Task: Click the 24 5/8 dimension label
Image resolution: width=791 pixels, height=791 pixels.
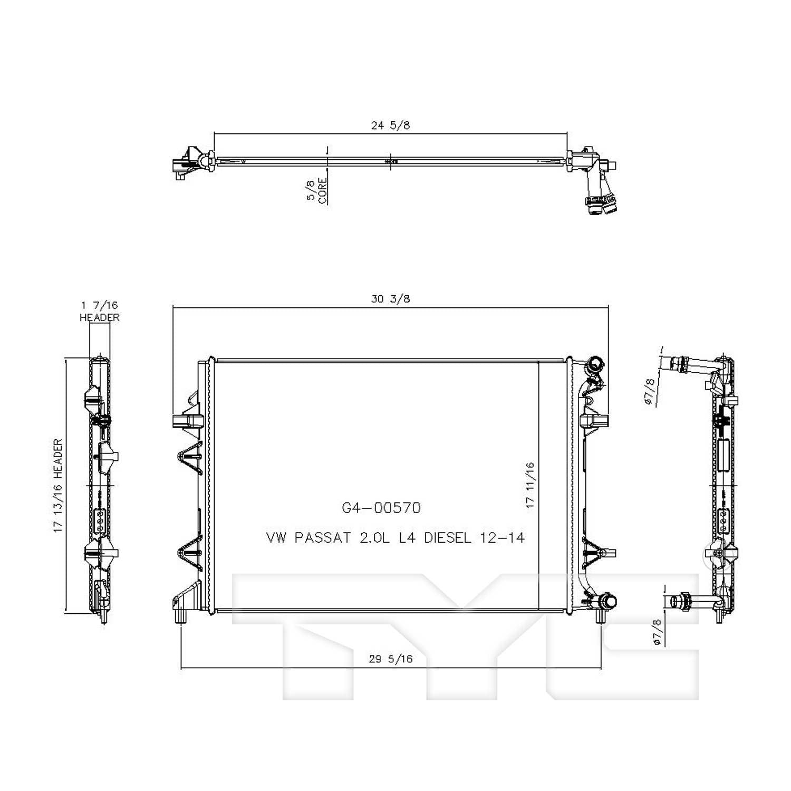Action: click(x=390, y=126)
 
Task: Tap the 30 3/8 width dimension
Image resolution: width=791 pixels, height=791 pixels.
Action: click(x=390, y=299)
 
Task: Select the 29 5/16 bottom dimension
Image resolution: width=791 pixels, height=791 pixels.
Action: click(x=391, y=659)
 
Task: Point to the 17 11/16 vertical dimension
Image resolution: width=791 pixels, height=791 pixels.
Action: click(x=530, y=485)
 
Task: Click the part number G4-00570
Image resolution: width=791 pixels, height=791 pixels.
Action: click(x=381, y=508)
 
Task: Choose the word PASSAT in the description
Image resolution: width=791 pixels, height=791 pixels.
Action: click(x=322, y=538)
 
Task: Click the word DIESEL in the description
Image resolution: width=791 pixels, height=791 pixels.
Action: click(x=447, y=538)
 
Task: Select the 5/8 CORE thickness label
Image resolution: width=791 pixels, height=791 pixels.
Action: click(x=316, y=190)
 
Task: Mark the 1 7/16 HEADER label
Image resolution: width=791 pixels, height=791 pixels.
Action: click(x=100, y=311)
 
